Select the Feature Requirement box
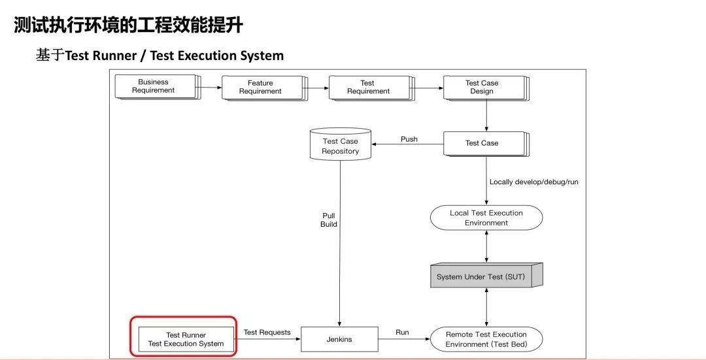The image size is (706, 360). coord(261,88)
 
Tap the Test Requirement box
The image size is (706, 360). coord(368,88)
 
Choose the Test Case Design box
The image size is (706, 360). coord(482,88)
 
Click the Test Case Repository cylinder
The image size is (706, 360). coord(340,146)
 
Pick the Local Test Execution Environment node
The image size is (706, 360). coord(486,218)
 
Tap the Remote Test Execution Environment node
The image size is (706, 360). coord(486,339)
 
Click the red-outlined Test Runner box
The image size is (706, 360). coord(186,338)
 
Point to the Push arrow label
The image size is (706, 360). coord(409,139)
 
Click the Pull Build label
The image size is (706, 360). coord(329,220)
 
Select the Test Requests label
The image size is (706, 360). coord(267,333)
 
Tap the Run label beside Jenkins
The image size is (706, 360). coord(402,333)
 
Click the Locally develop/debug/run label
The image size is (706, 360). coord(533,182)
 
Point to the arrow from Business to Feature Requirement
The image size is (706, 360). coord(210,86)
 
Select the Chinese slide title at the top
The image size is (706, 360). coord(129,25)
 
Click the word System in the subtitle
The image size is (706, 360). coord(261,56)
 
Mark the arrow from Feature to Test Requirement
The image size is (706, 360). coord(318,86)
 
